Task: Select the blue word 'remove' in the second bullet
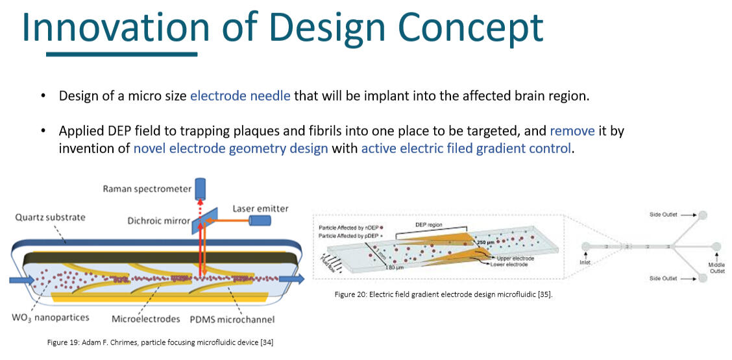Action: point(572,131)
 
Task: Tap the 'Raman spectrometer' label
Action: point(147,189)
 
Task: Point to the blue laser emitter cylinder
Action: point(261,222)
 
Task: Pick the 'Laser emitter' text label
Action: point(260,209)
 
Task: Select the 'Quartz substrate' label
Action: point(50,217)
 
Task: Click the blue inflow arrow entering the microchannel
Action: point(21,281)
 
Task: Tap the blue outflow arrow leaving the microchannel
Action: point(293,280)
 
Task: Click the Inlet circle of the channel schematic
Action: point(587,246)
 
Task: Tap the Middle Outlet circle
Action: point(716,246)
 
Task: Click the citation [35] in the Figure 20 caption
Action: point(543,294)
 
